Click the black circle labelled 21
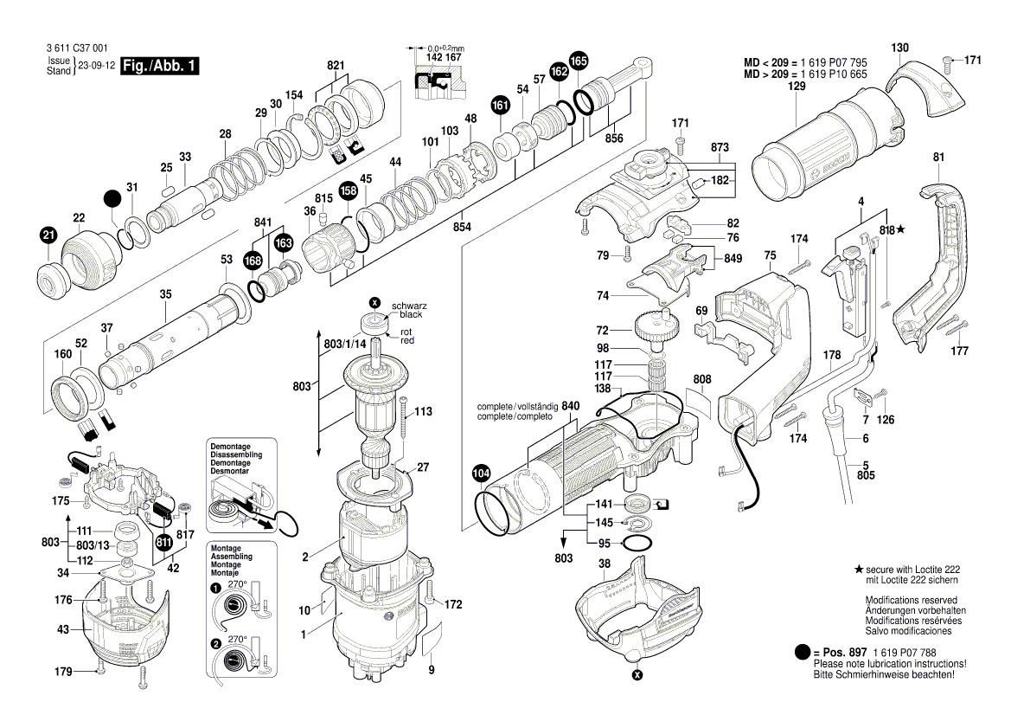pyautogui.click(x=48, y=235)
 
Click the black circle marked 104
pyautogui.click(x=482, y=473)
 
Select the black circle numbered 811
pyautogui.click(x=163, y=543)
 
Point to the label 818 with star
pyautogui.click(x=891, y=229)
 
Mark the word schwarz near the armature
pyautogui.click(x=409, y=306)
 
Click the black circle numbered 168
pyautogui.click(x=253, y=261)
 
